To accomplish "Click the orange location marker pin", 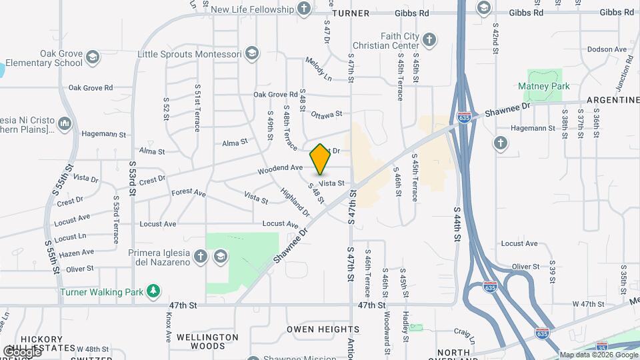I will pyautogui.click(x=320, y=159).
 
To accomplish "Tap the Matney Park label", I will pyautogui.click(x=544, y=87).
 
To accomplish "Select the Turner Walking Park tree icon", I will pyautogui.click(x=154, y=291).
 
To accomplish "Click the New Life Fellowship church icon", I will pyautogui.click(x=304, y=9).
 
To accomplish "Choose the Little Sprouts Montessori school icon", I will pyautogui.click(x=251, y=53).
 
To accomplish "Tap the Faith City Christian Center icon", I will pyautogui.click(x=429, y=39).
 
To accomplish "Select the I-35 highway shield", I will pyautogui.click(x=602, y=347).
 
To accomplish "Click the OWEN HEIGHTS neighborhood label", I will pyautogui.click(x=323, y=329).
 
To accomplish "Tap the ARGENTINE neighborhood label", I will pyautogui.click(x=613, y=100).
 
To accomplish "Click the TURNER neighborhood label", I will pyautogui.click(x=351, y=13).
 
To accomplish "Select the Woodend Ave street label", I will pyautogui.click(x=281, y=169).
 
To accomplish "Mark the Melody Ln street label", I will pyautogui.click(x=319, y=69).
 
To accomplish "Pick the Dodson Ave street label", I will pyautogui.click(x=607, y=49).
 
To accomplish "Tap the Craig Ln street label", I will pyautogui.click(x=463, y=331).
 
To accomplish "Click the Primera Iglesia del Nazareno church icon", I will pyautogui.click(x=200, y=256).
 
